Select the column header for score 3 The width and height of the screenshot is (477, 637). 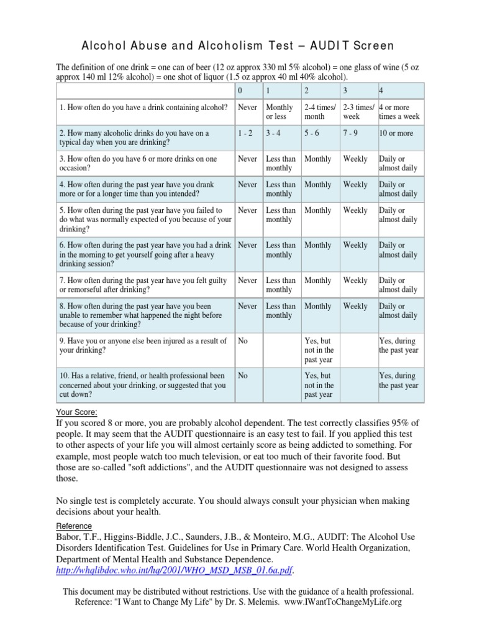point(345,91)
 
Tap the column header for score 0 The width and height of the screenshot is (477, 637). point(240,91)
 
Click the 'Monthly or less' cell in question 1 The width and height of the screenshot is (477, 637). point(279,112)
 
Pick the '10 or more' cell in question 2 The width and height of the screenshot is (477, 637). point(396,133)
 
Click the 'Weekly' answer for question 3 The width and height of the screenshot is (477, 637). point(355,159)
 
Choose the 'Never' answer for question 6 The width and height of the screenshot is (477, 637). point(247,245)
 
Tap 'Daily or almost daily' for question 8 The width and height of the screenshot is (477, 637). point(398,310)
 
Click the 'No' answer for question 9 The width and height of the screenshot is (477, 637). point(243,341)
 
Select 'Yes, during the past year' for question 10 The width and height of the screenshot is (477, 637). point(397,381)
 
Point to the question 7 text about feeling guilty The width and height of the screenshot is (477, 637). point(143,285)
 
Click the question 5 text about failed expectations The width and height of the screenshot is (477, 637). point(145,220)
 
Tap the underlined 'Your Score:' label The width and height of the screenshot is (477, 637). point(77,412)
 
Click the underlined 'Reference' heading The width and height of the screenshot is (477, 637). point(74,526)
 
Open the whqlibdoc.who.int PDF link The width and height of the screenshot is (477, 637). point(174,569)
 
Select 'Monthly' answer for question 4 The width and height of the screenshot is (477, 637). point(318,185)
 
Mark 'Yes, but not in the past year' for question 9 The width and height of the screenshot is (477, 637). point(319,351)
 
